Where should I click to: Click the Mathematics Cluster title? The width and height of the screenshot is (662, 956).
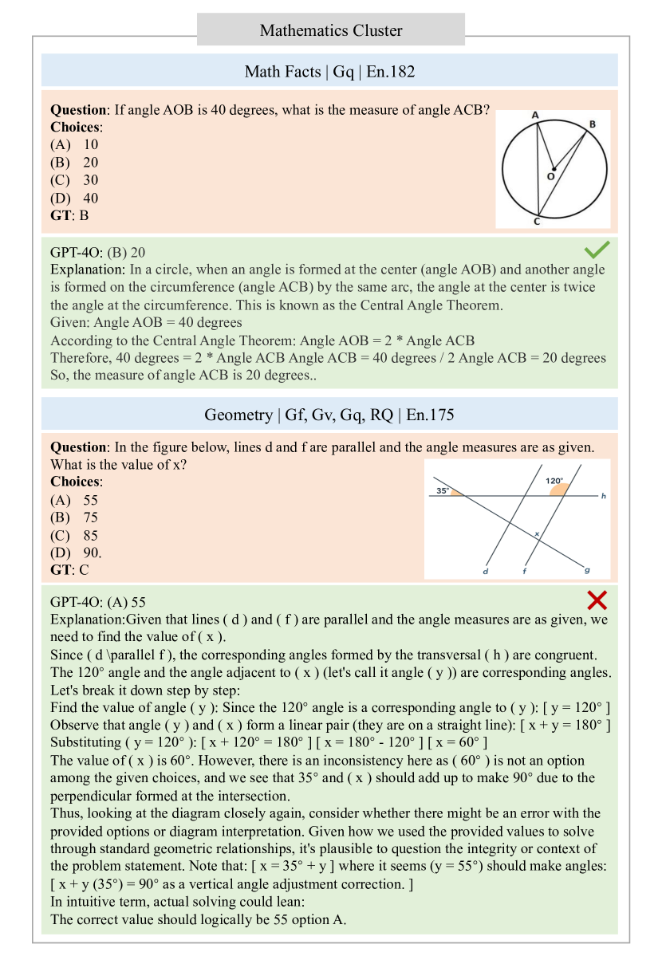[x=330, y=31]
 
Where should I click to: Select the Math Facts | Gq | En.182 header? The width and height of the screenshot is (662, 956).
[x=329, y=72]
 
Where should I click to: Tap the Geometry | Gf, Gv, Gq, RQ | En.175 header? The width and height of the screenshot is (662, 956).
[x=329, y=415]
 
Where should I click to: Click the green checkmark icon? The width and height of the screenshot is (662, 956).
[x=597, y=249]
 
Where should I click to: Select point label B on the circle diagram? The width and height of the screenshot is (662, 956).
[x=592, y=124]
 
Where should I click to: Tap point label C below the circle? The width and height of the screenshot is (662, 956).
[x=536, y=222]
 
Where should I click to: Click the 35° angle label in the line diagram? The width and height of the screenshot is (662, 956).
[x=443, y=491]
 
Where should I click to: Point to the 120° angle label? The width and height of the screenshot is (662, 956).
[x=554, y=481]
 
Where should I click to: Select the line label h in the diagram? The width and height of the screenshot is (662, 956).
[x=603, y=496]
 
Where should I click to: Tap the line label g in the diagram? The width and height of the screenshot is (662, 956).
[x=588, y=569]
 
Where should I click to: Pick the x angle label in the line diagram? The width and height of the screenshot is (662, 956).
[x=537, y=533]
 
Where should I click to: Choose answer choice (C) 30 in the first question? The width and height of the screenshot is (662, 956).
[x=75, y=180]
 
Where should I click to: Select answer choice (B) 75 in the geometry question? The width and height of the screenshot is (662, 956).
[x=75, y=518]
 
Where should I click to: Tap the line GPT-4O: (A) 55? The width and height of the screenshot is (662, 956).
[x=97, y=601]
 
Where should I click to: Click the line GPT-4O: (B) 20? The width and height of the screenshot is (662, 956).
[x=97, y=252]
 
